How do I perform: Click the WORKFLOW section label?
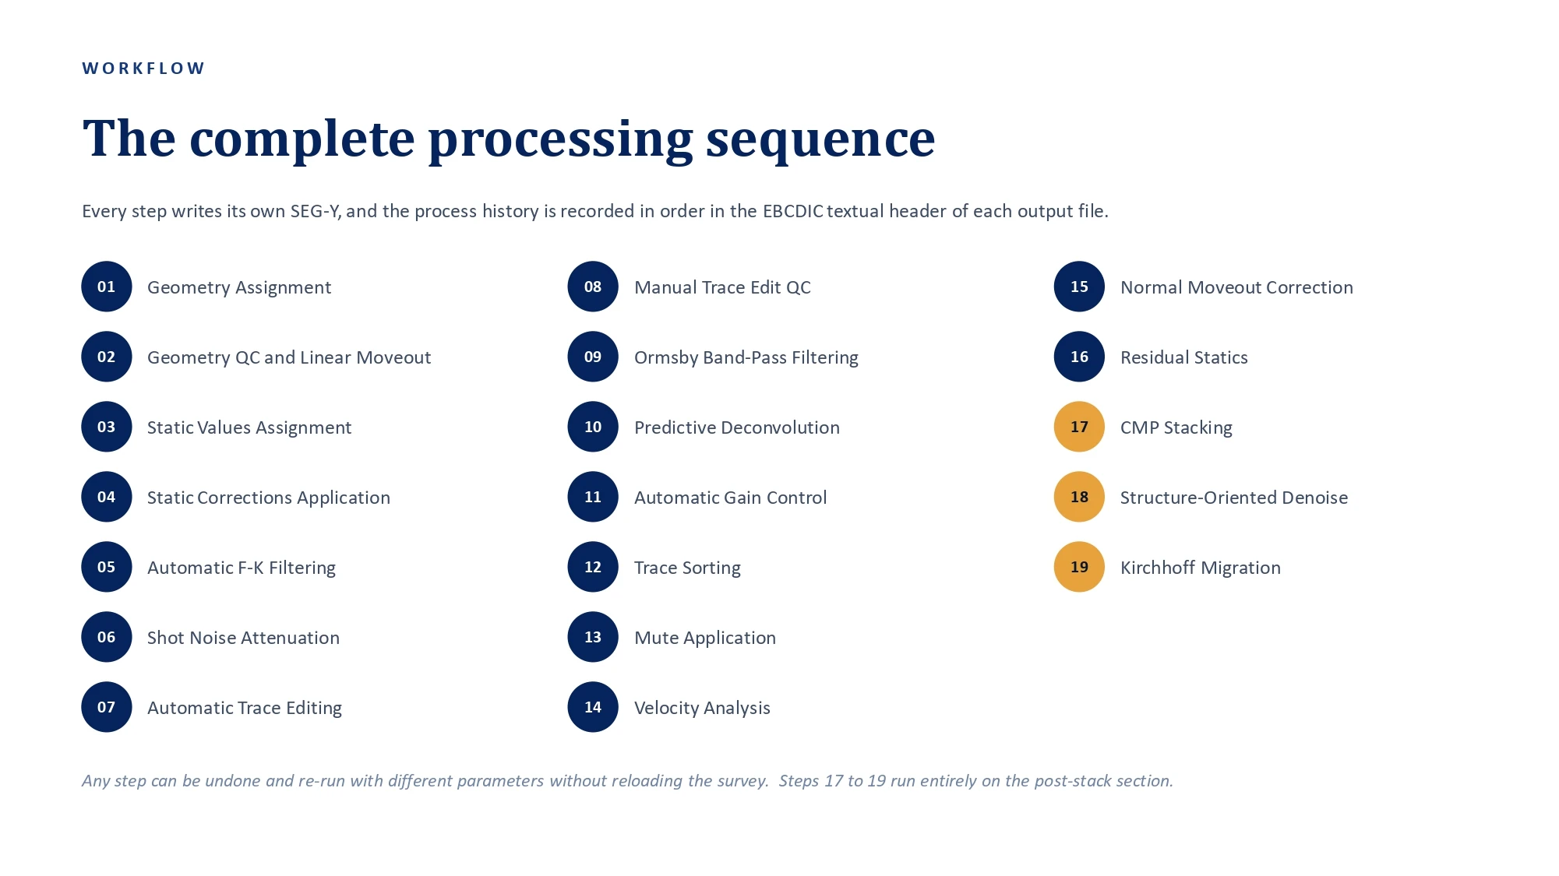pyautogui.click(x=143, y=69)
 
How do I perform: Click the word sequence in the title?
pyautogui.click(x=820, y=139)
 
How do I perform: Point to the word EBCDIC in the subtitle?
pyautogui.click(x=792, y=211)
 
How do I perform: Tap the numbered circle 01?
pyautogui.click(x=107, y=287)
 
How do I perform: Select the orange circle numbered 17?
pyautogui.click(x=1079, y=427)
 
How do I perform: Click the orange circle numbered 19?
pyautogui.click(x=1079, y=567)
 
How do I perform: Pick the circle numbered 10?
pyautogui.click(x=593, y=427)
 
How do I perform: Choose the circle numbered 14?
pyautogui.click(x=593, y=707)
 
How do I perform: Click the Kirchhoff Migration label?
pyautogui.click(x=1201, y=568)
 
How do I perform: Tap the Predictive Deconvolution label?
pyautogui.click(x=737, y=427)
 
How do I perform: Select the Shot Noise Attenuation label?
pyautogui.click(x=243, y=638)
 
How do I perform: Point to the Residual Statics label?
pyautogui.click(x=1184, y=357)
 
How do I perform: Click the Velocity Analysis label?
pyautogui.click(x=702, y=708)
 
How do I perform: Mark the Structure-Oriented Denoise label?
pyautogui.click(x=1234, y=498)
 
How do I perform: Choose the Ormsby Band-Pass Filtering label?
pyautogui.click(x=746, y=357)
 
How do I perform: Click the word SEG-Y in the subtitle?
pyautogui.click(x=315, y=211)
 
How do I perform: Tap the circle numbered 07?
pyautogui.click(x=107, y=707)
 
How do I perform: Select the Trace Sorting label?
pyautogui.click(x=687, y=568)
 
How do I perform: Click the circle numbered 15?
pyautogui.click(x=1079, y=287)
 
